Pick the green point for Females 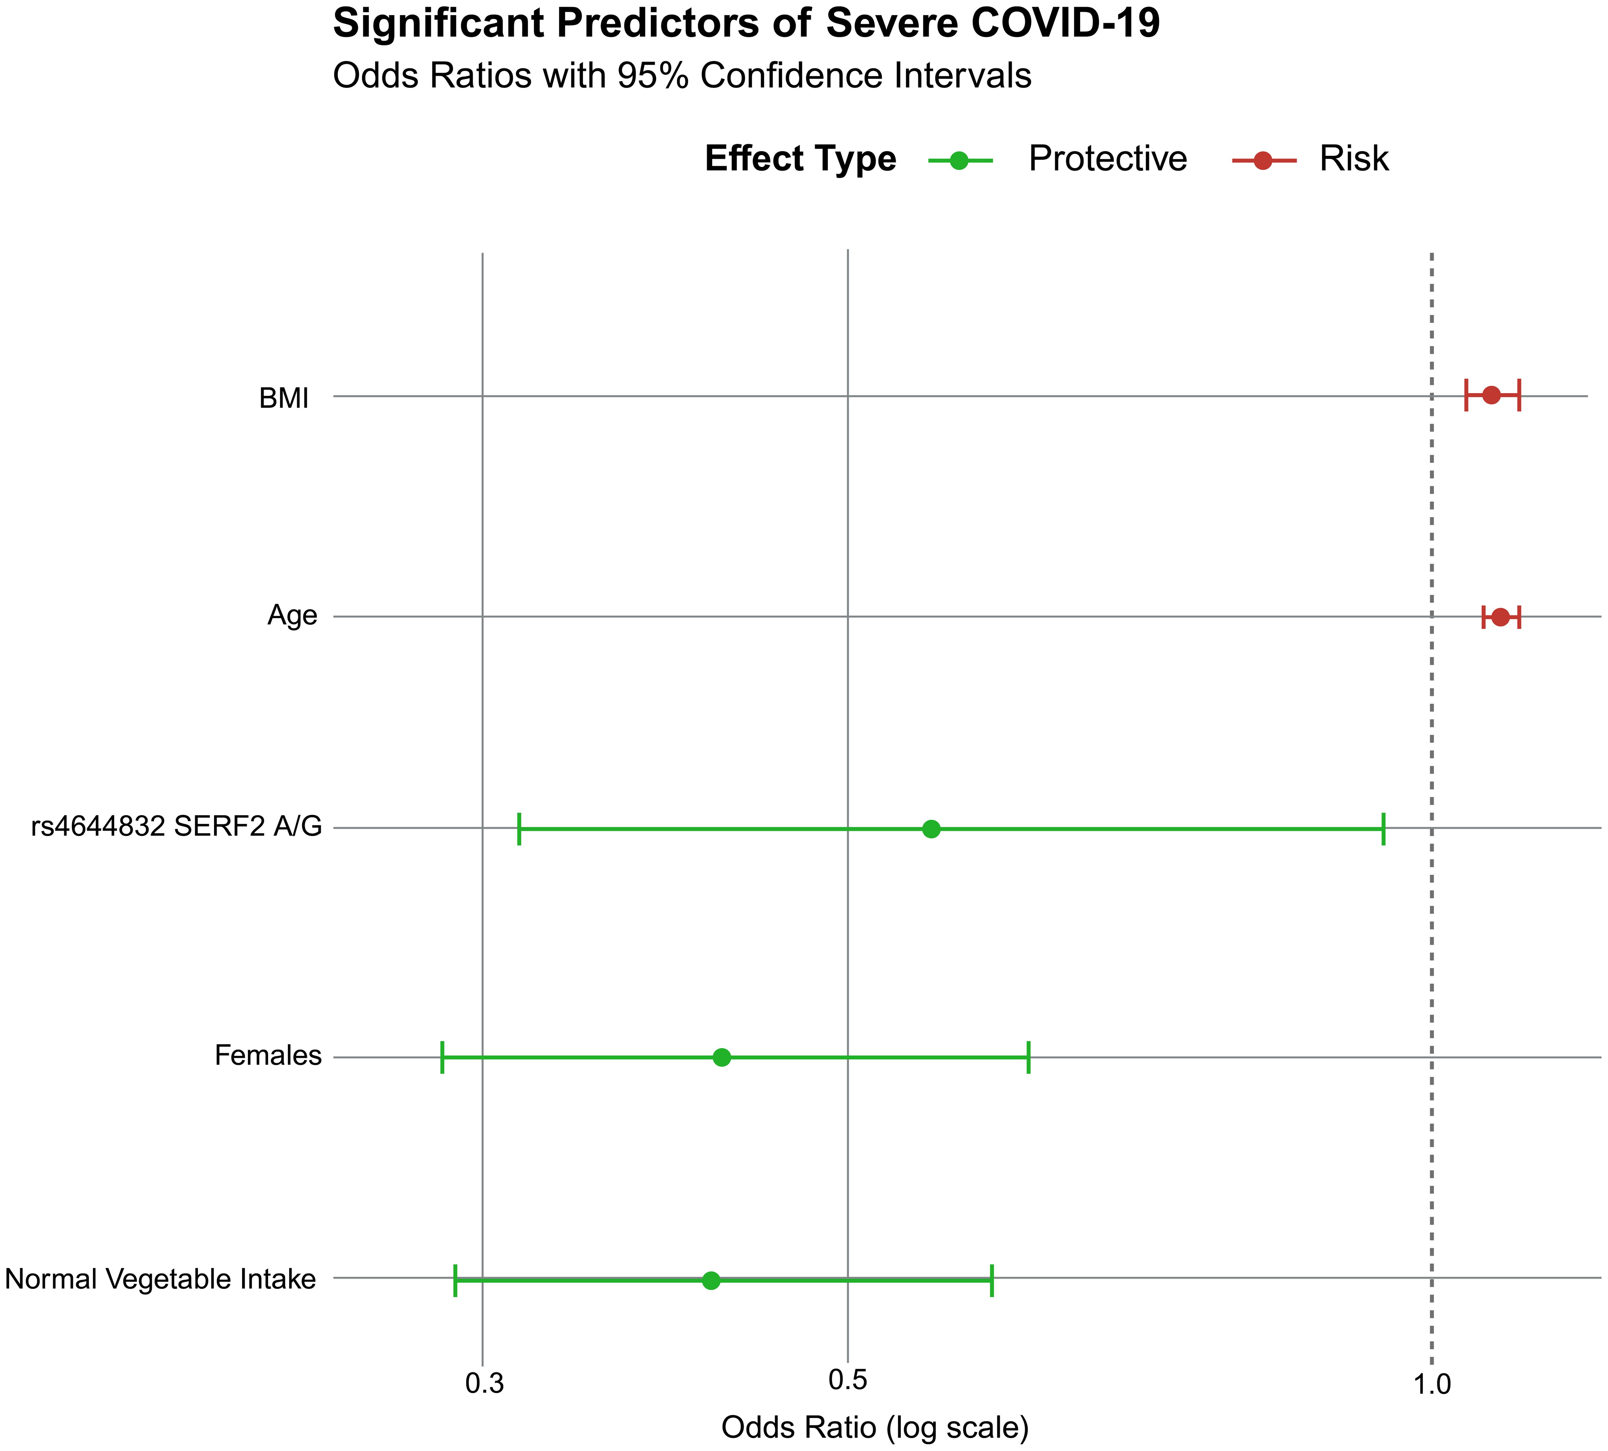pos(722,1057)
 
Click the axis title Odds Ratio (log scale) pos(875,1427)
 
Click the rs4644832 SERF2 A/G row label pos(176,828)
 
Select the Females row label pos(268,1055)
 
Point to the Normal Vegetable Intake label pos(160,1279)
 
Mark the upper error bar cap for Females pos(1028,1057)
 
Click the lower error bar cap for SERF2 pos(519,829)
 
